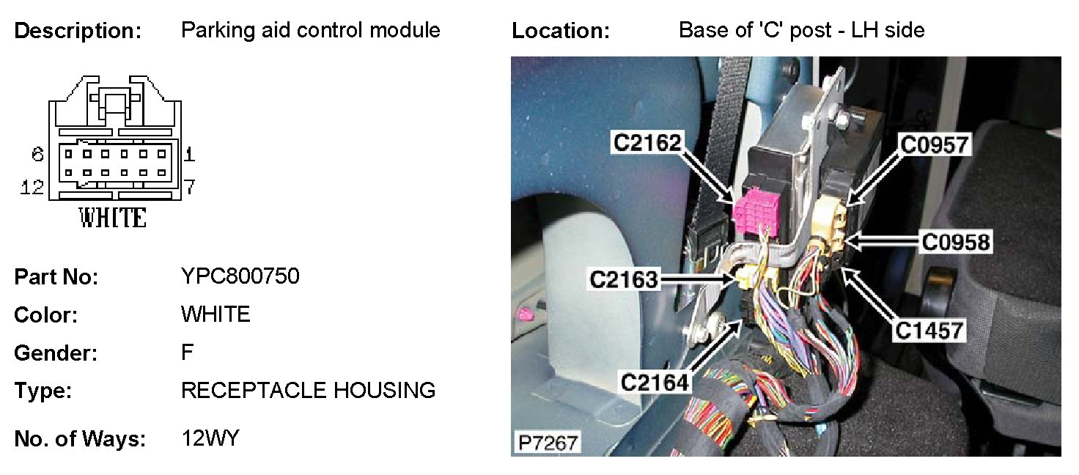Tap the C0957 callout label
coord(935,145)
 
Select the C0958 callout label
coord(956,242)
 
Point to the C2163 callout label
coord(624,279)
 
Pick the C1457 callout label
coord(928,331)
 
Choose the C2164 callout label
coord(655,382)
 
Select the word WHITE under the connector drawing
coord(113,218)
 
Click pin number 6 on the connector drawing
coord(38,154)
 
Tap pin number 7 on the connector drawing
coord(189,188)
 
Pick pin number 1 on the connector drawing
coord(189,154)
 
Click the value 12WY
coord(210,438)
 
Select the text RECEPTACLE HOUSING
coord(308,391)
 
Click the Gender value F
coord(188,353)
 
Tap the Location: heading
coord(561,31)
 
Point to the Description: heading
coord(78,31)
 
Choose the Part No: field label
coord(56,277)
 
